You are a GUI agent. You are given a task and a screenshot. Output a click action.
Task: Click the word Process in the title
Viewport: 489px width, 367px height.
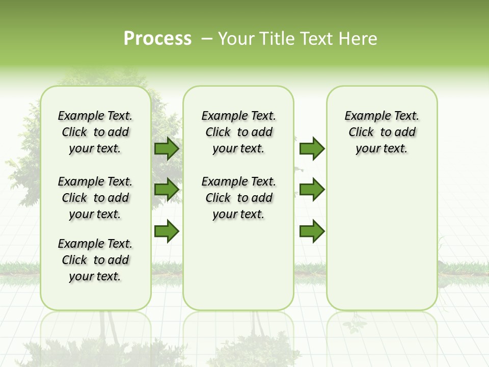[157, 39]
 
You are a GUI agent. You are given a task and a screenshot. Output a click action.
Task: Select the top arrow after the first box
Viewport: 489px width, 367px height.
[167, 149]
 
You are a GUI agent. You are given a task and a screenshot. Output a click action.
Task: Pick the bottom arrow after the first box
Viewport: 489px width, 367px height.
[167, 231]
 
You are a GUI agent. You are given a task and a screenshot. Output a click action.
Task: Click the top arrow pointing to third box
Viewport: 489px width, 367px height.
[312, 149]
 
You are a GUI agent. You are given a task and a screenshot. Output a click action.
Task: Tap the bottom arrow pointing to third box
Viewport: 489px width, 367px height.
[312, 231]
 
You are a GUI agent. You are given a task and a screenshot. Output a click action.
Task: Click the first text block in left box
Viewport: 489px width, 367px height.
[95, 132]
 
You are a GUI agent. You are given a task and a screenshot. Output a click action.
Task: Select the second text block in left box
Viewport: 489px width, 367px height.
[95, 198]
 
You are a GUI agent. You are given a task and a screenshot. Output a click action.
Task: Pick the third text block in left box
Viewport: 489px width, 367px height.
[95, 260]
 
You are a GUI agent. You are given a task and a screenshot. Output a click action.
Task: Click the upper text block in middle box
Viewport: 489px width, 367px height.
[238, 132]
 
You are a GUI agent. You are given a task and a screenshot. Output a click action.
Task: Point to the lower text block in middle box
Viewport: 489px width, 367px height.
[238, 198]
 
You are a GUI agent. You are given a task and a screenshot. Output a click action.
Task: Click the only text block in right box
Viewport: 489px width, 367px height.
[382, 132]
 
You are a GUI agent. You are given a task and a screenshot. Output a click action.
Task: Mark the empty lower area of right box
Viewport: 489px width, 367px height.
[382, 240]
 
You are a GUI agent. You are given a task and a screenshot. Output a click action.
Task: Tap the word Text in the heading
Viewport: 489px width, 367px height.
[317, 39]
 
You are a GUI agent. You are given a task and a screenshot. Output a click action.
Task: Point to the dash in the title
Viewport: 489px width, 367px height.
[207, 39]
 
